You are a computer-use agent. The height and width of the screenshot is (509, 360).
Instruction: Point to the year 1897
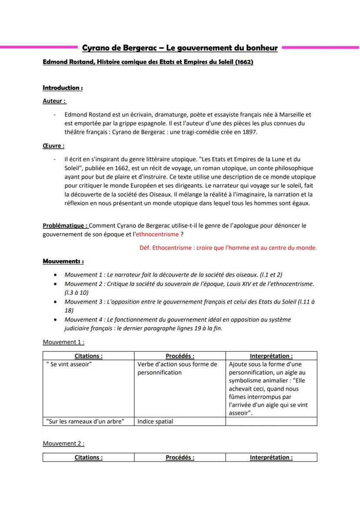tap(250, 133)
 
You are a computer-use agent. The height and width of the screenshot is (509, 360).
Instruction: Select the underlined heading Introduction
tap(63, 88)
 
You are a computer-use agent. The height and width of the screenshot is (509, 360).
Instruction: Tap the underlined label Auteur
tap(54, 101)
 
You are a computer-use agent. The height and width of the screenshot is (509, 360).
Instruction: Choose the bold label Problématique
tap(65, 226)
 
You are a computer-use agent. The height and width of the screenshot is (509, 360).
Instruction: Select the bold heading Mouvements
tap(63, 261)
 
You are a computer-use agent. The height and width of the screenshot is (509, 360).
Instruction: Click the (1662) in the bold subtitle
tap(244, 62)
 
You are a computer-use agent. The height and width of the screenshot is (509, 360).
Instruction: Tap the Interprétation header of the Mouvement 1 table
tap(271, 356)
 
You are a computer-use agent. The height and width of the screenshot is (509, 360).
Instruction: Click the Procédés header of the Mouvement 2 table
tap(180, 457)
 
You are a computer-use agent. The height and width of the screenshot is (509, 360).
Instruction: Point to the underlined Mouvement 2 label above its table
tap(63, 443)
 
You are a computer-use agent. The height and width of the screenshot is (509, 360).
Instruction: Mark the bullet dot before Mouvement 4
tap(55, 319)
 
